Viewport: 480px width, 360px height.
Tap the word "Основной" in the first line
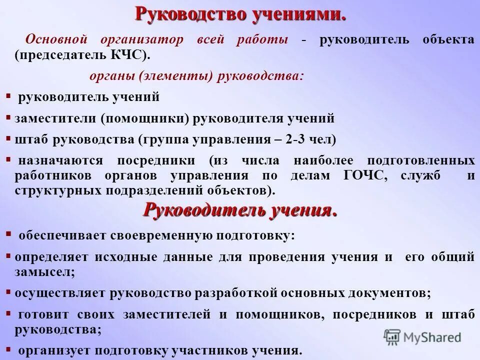pos(56,40)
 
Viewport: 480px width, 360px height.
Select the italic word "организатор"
pos(142,40)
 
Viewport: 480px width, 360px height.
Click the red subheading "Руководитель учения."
pos(240,210)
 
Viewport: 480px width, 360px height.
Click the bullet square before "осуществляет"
pos(8,290)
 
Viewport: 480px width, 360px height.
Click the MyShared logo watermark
pos(423,337)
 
